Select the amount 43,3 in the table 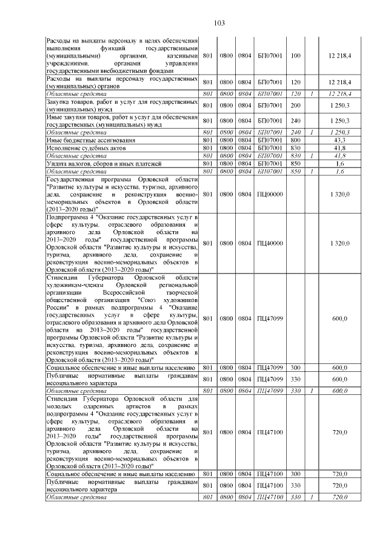coord(339,140)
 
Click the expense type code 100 coord(296,56)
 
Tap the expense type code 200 coord(296,106)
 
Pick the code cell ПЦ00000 coord(270,194)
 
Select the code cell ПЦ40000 coord(270,243)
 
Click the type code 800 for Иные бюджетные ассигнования coord(296,140)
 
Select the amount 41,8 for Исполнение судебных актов coord(339,147)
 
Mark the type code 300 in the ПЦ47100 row coord(296,473)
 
